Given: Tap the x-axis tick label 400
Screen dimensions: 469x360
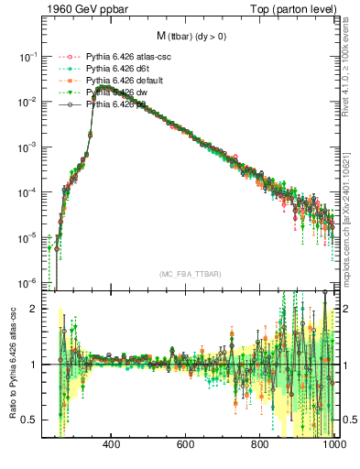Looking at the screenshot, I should pyautogui.click(x=112, y=445).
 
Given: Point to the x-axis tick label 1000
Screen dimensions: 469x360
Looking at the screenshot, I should pyautogui.click(x=330, y=445).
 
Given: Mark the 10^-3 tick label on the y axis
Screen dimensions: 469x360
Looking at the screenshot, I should pyautogui.click(x=28, y=147).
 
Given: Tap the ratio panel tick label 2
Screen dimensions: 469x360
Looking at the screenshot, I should pyautogui.click(x=34, y=309).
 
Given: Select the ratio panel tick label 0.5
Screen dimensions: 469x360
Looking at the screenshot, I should pyautogui.click(x=30, y=420).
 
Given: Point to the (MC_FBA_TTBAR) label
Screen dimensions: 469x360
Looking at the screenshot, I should pyautogui.click(x=190, y=275).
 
